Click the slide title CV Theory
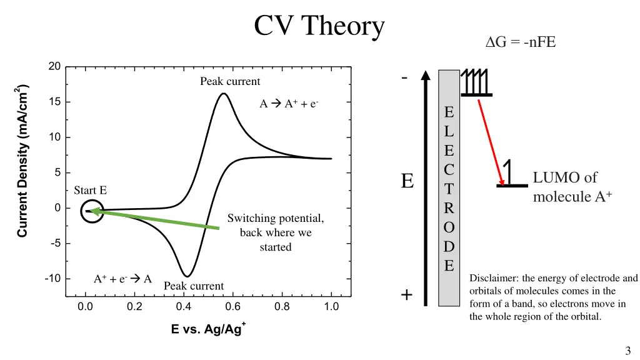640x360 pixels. coord(319,26)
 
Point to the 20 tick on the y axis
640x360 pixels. coord(54,67)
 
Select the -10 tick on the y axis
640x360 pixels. coord(52,278)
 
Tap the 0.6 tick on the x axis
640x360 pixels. coord(232,306)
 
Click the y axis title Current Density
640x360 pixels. coord(22,161)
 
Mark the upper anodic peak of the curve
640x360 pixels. coord(223,94)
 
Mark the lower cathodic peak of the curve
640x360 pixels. coord(186,276)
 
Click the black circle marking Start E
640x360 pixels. coord(92,211)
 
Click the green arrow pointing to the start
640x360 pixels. coord(156,220)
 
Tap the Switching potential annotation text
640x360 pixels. coord(275,232)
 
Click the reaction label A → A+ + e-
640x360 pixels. coord(289,104)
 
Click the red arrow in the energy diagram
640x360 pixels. coord(491,142)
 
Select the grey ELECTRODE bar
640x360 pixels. coord(449,187)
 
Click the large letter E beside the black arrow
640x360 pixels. coord(407,181)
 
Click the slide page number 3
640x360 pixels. coord(627,351)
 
